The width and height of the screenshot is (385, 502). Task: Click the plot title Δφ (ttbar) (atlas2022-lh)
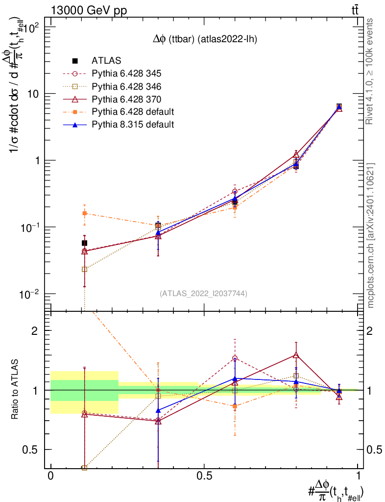(x=204, y=40)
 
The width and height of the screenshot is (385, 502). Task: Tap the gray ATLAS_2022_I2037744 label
(x=203, y=294)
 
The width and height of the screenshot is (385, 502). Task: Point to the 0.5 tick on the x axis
(x=204, y=476)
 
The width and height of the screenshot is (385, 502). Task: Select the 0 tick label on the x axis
(x=50, y=476)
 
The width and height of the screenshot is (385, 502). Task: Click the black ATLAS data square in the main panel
(x=84, y=243)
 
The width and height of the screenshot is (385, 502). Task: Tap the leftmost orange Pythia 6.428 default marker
(x=84, y=213)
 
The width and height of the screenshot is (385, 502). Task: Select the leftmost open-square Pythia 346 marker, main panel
(x=84, y=269)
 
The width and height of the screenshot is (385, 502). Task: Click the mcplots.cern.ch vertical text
(x=371, y=235)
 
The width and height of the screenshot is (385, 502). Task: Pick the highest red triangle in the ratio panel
(x=296, y=355)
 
